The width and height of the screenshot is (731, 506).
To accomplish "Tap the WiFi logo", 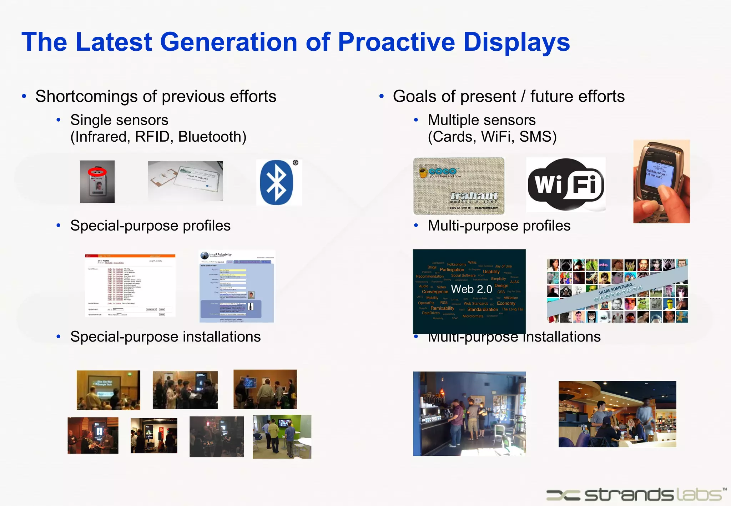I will [566, 184].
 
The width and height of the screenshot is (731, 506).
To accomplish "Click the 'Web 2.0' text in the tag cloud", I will [471, 289].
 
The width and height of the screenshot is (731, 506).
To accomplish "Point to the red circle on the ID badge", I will [97, 172].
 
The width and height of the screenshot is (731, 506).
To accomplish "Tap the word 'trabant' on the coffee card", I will [474, 196].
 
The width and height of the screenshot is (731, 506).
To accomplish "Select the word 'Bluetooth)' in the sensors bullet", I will [212, 137].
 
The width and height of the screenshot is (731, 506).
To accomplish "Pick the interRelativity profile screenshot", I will [237, 287].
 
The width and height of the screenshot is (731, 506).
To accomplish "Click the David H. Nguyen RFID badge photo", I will [186, 181].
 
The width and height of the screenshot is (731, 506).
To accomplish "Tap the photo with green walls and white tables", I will [282, 436].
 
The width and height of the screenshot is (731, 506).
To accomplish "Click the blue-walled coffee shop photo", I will [469, 414].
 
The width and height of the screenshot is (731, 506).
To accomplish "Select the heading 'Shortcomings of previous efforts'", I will [156, 97].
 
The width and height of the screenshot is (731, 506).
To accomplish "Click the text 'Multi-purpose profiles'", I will [499, 226].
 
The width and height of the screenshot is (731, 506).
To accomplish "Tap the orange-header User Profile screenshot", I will [130, 285].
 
